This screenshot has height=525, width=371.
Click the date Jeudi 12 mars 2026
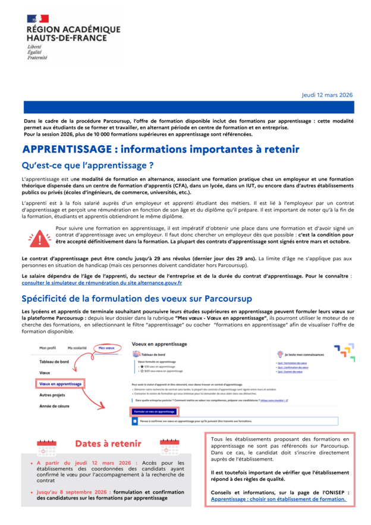pyautogui.click(x=328, y=95)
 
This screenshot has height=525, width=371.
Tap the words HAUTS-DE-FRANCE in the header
pyautogui.click(x=67, y=37)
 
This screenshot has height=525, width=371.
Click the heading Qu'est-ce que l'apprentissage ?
pyautogui.click(x=87, y=165)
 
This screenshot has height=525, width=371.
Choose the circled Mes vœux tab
pyautogui.click(x=106, y=348)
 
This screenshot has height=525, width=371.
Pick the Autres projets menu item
pyautogui.click(x=53, y=395)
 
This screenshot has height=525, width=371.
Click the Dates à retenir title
pyautogui.click(x=108, y=443)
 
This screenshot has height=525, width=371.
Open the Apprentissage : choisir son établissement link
pyautogui.click(x=278, y=499)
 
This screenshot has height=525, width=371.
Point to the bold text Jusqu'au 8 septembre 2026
pyautogui.click(x=72, y=492)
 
